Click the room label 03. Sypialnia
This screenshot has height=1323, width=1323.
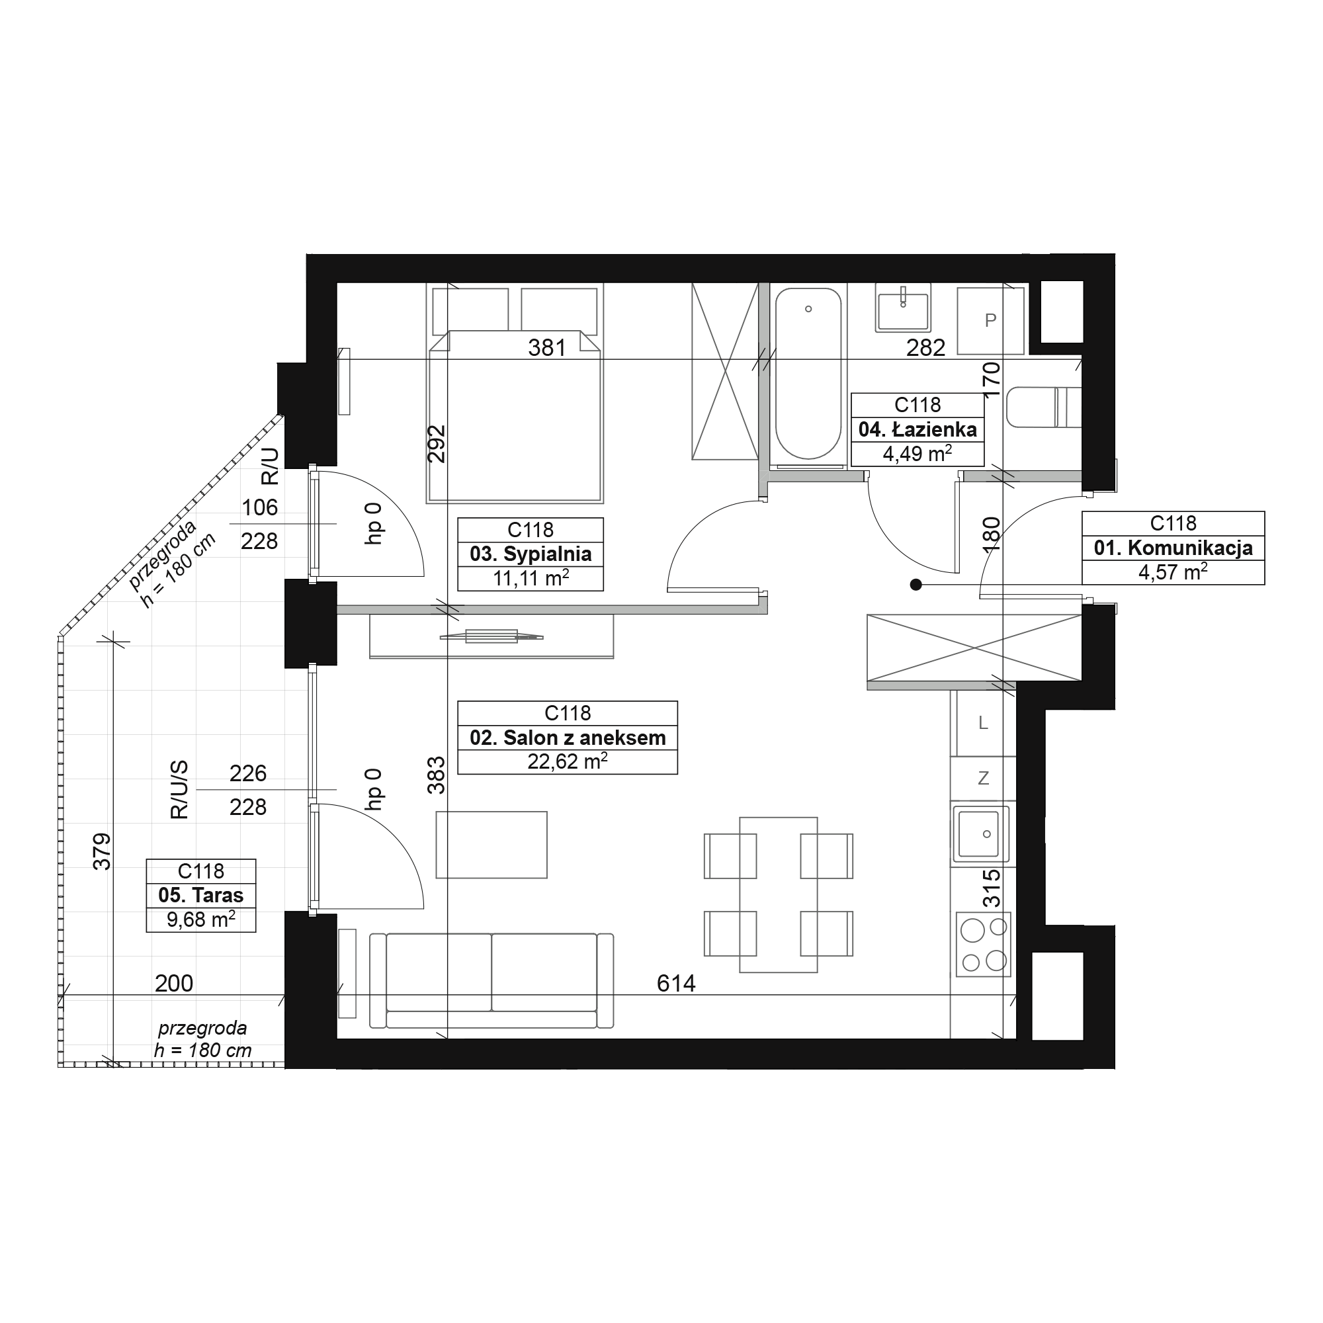(531, 554)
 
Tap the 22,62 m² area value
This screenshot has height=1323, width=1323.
(568, 762)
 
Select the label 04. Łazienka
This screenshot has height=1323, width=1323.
(918, 429)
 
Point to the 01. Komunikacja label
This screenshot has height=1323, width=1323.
(1173, 548)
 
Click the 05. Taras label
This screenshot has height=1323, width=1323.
(200, 895)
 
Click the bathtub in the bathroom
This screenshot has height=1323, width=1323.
(808, 374)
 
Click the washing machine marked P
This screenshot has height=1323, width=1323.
(990, 320)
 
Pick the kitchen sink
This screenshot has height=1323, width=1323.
(980, 835)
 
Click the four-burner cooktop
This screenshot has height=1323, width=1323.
(984, 946)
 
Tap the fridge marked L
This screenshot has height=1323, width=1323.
(984, 722)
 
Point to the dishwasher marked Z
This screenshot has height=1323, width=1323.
(984, 779)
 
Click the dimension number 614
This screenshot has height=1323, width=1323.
(676, 984)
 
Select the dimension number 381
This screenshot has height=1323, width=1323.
(547, 348)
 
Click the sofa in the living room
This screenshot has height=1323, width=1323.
(491, 980)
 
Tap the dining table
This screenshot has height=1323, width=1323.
(779, 894)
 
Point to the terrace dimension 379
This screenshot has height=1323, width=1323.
(101, 851)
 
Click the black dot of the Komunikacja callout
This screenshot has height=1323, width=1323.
(916, 585)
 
